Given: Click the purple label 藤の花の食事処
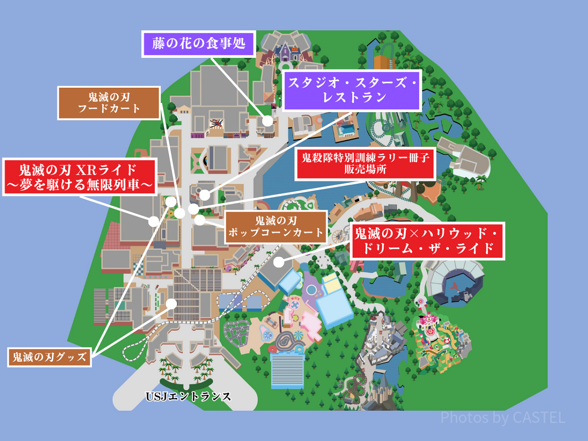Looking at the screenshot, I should pos(199,44).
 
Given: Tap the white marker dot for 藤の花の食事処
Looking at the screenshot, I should pos(267,121).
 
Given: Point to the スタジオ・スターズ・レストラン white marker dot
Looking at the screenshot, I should pos(205,195).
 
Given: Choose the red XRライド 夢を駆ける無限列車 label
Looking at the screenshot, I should pos(78,177).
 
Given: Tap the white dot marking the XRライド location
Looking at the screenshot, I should pos(154,220).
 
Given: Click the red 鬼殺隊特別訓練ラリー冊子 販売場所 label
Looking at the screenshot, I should pos(366,163).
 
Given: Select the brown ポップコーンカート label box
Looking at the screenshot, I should pos(276,226).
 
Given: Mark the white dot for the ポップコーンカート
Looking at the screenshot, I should pos(199,220).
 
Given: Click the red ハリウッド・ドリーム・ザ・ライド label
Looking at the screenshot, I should pos(427,241).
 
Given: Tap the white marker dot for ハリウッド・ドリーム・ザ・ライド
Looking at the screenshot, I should pos(278,262).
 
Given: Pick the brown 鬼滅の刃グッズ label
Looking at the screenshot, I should pos(49,357).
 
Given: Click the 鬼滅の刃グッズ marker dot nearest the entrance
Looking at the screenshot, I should pos(171,303).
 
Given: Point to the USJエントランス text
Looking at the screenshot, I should pos(188,396).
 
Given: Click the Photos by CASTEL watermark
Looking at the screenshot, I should pos(503,417).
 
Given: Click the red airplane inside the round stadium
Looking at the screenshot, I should pos(456,288).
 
